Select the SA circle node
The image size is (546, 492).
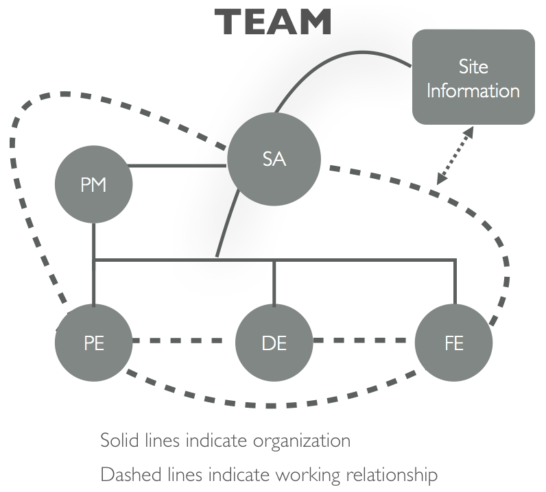(274, 160)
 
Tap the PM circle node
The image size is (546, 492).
(93, 185)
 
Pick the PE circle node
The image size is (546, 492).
(93, 342)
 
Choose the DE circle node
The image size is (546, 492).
(274, 342)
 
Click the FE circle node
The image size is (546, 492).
(454, 342)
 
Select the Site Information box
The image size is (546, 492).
(473, 77)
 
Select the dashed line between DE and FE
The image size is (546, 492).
(364, 341)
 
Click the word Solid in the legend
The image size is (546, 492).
(117, 440)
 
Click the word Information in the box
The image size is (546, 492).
(473, 90)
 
